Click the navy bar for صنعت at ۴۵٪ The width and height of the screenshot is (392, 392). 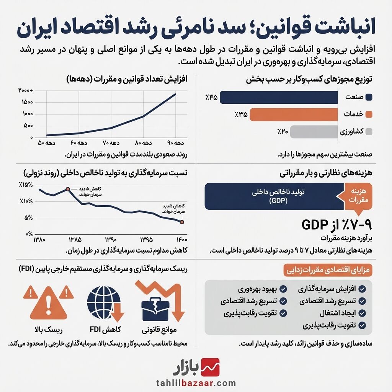(279, 97)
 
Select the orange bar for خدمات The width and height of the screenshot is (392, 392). (294, 114)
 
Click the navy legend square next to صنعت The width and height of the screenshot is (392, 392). (369, 97)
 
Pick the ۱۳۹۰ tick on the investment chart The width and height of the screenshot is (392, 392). (110, 240)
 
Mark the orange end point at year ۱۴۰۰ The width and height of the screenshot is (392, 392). (182, 222)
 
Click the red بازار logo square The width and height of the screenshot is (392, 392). (211, 367)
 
